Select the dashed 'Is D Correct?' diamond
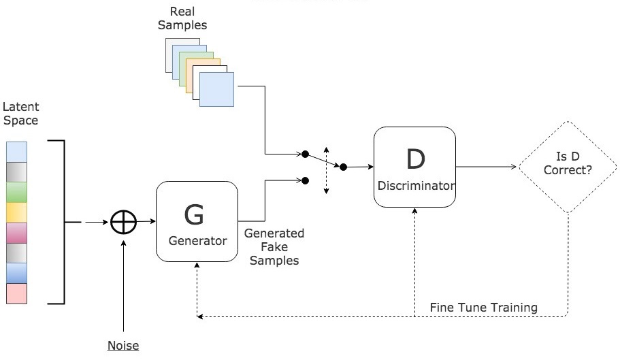[568, 166]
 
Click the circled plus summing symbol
[124, 222]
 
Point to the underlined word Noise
[123, 346]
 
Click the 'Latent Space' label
[20, 114]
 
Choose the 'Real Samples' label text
[187, 18]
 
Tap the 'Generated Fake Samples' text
[274, 247]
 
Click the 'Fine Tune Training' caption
[484, 308]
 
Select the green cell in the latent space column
[16, 192]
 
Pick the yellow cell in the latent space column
[16, 212]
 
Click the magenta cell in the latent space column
[16, 233]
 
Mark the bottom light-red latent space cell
[16, 294]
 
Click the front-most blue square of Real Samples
[216, 90]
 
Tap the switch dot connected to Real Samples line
[306, 154]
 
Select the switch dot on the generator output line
[306, 180]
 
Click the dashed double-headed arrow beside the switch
[326, 170]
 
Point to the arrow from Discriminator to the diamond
[486, 166]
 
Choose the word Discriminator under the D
[414, 185]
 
